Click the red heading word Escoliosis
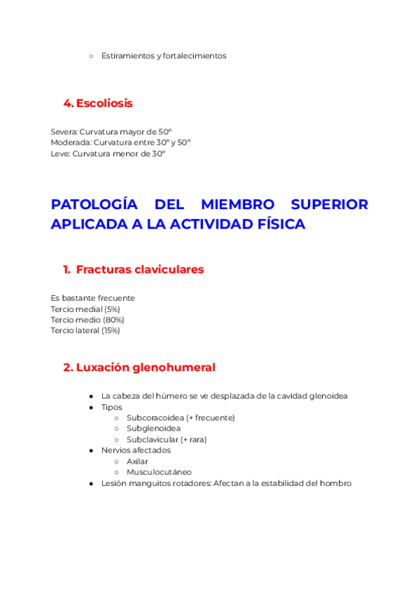pyautogui.click(x=104, y=103)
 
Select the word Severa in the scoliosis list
pyautogui.click(x=64, y=131)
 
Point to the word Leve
pyautogui.click(x=60, y=153)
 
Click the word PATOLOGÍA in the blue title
pyautogui.click(x=94, y=205)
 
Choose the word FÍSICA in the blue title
pyautogui.click(x=279, y=224)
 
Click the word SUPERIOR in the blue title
pyautogui.click(x=330, y=205)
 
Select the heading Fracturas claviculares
pyautogui.click(x=140, y=269)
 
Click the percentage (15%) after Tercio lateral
pyautogui.click(x=111, y=330)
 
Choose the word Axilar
pyautogui.click(x=137, y=461)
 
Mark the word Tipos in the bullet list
pyautogui.click(x=111, y=407)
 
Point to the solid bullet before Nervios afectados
pyautogui.click(x=92, y=450)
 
